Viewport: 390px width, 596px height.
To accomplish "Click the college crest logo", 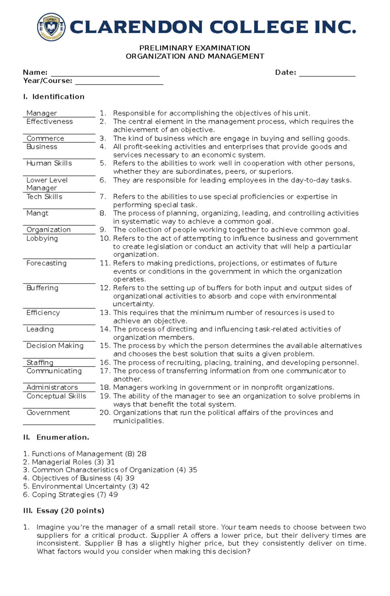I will tap(51, 27).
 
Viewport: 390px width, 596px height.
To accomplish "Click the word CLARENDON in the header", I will tap(136, 27).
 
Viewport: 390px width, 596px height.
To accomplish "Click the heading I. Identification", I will tap(54, 97).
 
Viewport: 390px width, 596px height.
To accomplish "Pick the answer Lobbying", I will tap(42, 238).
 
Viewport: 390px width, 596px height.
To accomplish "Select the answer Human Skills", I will tap(49, 163).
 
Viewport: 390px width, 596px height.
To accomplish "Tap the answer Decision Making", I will tap(55, 346).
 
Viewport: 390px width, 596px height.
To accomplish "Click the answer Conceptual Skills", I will tap(56, 396).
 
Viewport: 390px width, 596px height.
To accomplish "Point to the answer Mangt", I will tap(37, 213).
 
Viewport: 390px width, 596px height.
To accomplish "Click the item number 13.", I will tap(105, 313).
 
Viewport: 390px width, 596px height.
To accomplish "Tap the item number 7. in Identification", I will tap(103, 197).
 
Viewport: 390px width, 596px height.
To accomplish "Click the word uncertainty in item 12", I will tap(133, 304).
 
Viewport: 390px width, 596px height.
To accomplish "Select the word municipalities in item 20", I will tap(138, 421).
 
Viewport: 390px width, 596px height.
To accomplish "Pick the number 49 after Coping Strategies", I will tap(113, 495).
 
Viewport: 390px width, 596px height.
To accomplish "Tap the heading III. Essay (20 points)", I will tap(64, 511).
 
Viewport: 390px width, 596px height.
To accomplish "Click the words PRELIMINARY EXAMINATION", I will tap(195, 48).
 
